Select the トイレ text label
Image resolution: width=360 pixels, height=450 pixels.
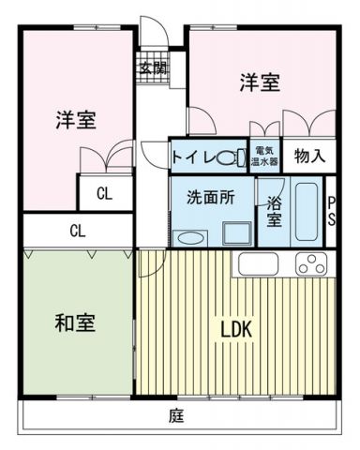click(192, 157)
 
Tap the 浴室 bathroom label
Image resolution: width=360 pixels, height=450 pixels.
click(274, 212)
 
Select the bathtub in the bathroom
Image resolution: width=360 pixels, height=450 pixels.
click(307, 212)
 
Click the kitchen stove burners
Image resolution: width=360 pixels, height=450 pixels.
click(310, 264)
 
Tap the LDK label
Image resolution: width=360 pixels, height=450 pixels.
click(236, 331)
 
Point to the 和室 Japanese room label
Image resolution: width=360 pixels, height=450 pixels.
click(74, 324)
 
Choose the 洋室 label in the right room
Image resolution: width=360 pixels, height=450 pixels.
click(258, 82)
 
